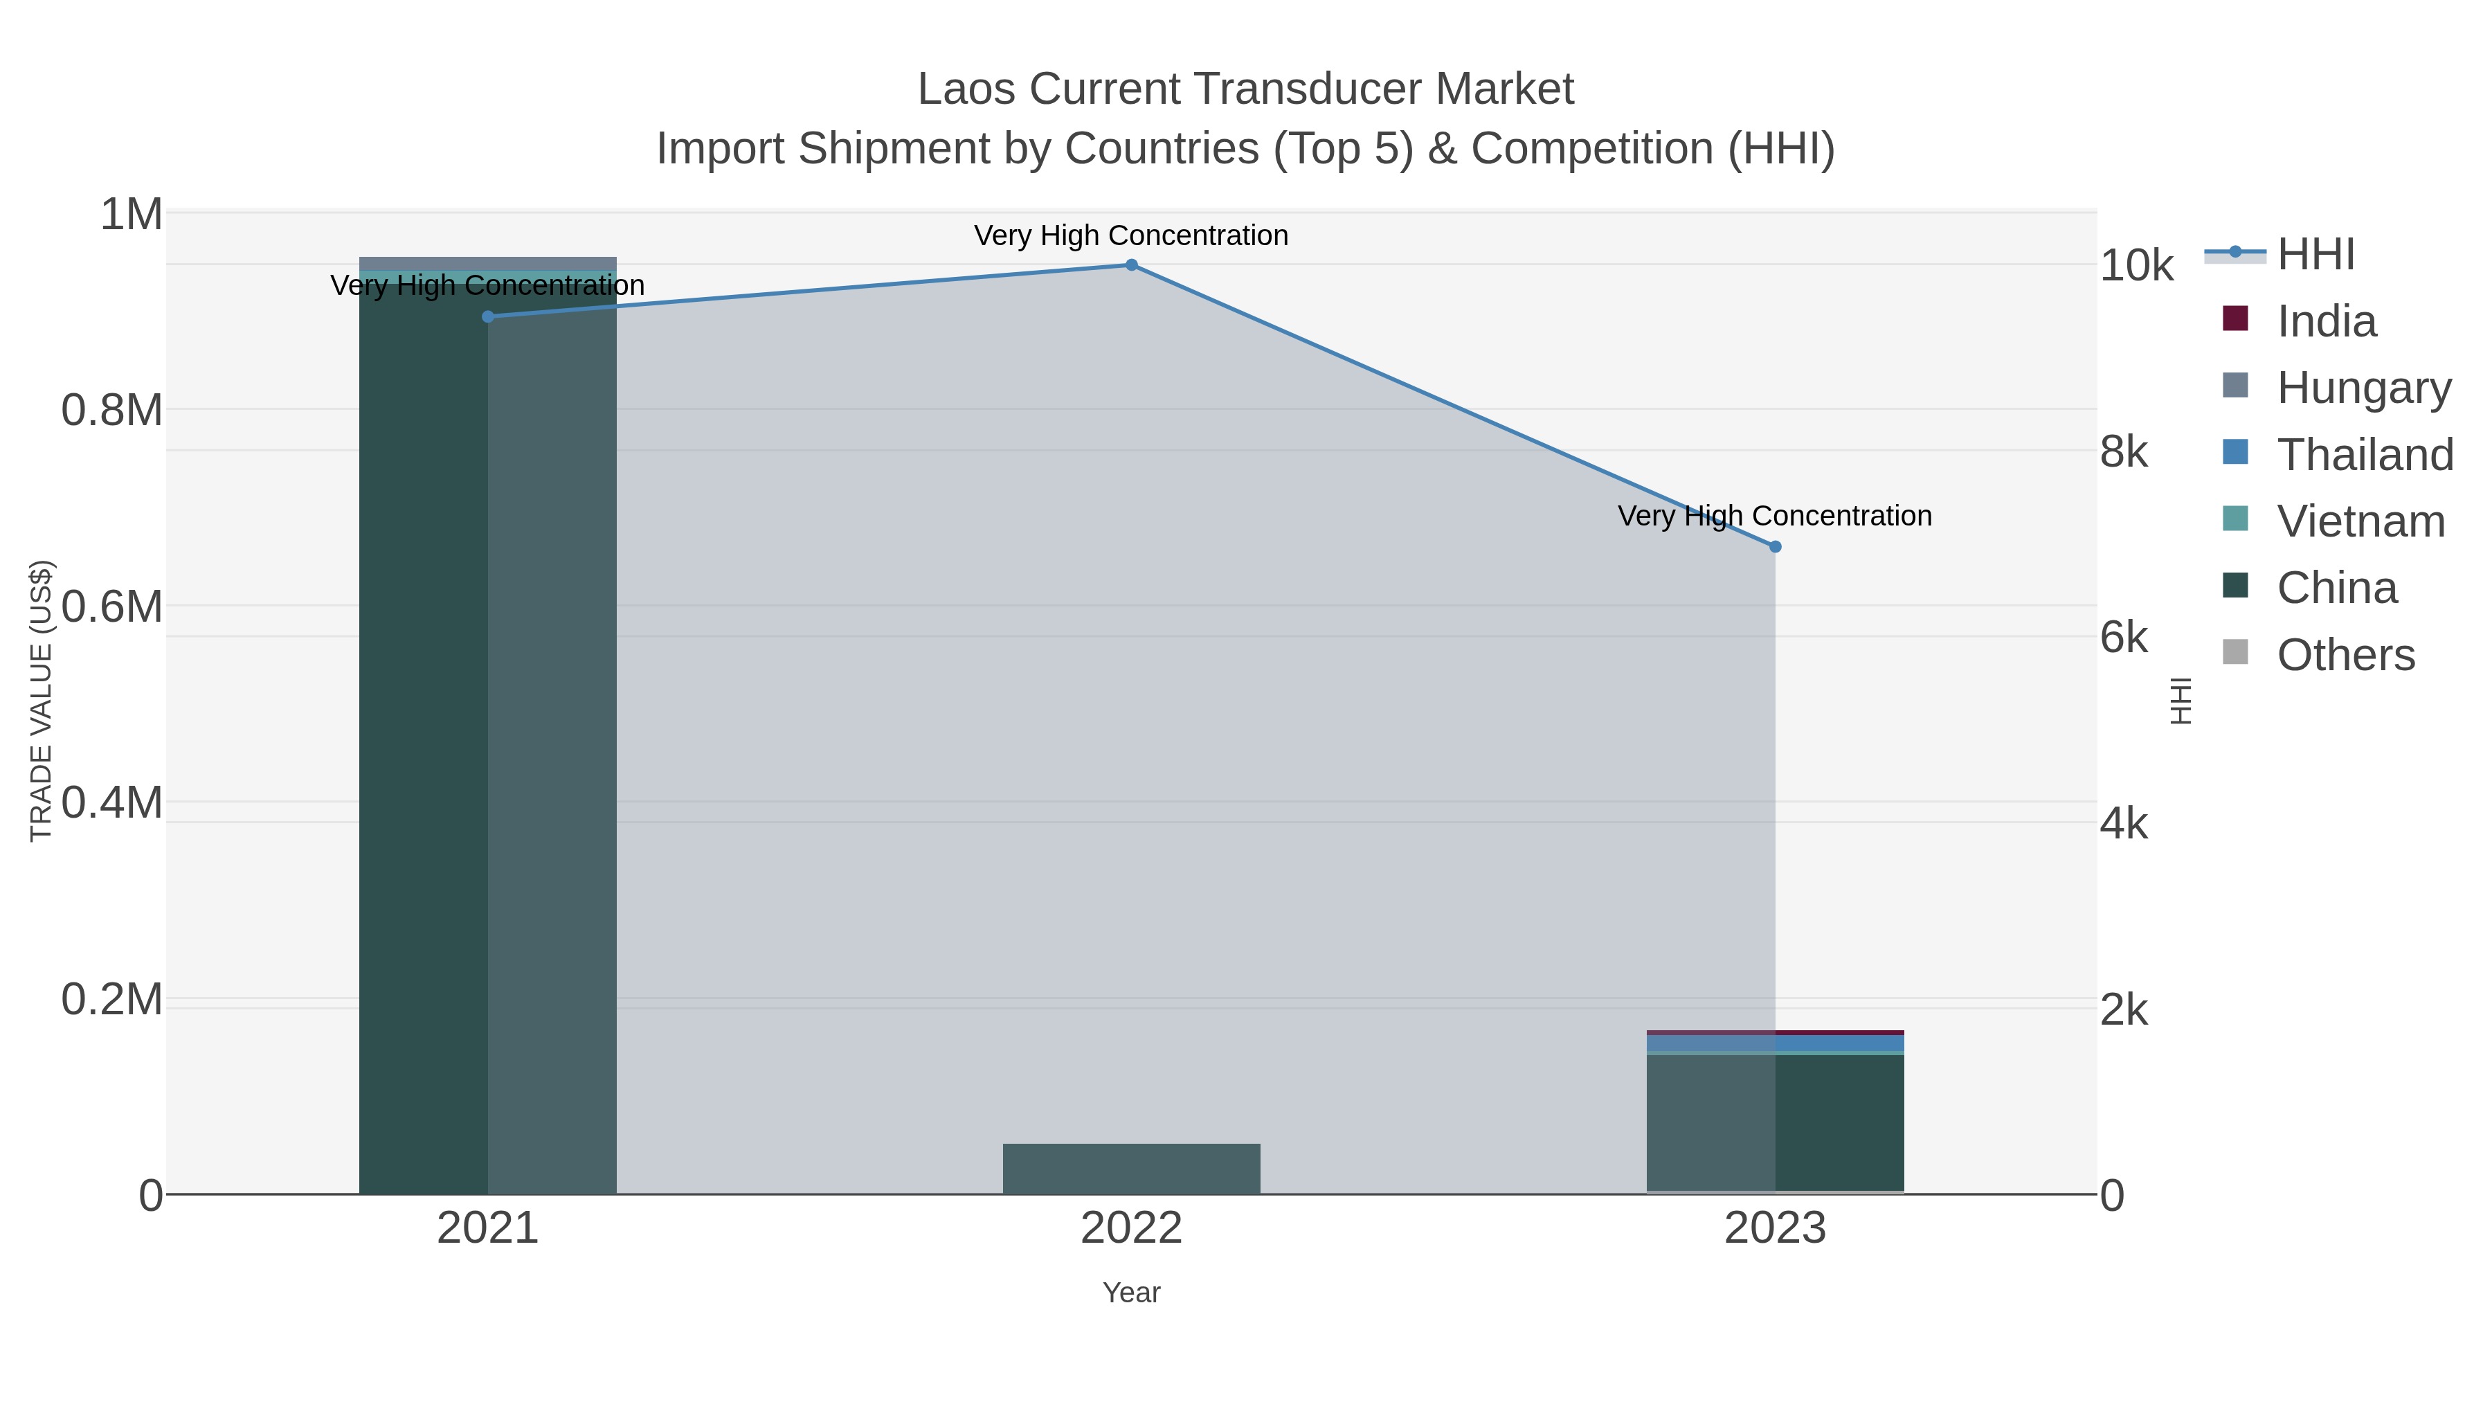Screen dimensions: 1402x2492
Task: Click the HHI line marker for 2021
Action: (487, 316)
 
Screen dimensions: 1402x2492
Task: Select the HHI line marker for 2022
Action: (1131, 265)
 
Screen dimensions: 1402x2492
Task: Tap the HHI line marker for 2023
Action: (1775, 547)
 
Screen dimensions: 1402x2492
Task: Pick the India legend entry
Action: (2326, 321)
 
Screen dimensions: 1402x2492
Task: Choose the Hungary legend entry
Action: (2363, 388)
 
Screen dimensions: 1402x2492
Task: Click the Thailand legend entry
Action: (2365, 455)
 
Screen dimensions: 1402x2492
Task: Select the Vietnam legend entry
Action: (2360, 521)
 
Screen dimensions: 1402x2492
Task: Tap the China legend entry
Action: (2336, 588)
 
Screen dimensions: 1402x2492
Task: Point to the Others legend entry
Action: (2345, 655)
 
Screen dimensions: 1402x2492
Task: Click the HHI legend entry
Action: (2315, 255)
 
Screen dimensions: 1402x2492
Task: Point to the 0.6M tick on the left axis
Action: (112, 606)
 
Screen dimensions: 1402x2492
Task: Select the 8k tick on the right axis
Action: (2124, 452)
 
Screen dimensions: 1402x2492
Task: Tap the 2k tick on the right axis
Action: (2124, 1010)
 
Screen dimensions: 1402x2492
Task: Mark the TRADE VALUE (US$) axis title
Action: (41, 701)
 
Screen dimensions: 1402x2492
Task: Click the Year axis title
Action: (1131, 1293)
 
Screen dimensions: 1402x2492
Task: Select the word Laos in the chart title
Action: (966, 89)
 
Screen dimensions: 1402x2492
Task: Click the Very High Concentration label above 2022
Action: (1131, 236)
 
